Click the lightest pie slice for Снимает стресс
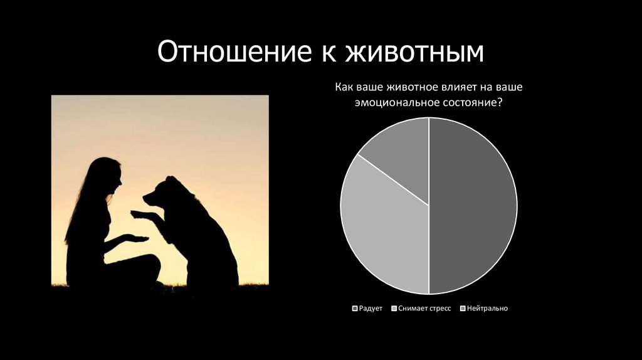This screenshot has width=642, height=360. pos(382,232)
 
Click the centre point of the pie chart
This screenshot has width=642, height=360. pos(429,206)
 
